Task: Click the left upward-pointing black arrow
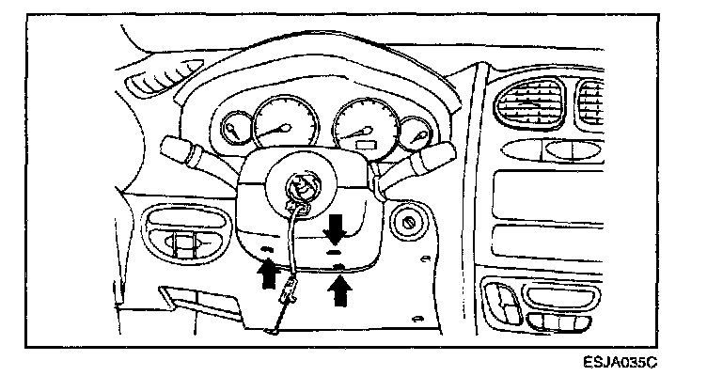(x=267, y=273)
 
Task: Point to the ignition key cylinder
(x=410, y=223)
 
